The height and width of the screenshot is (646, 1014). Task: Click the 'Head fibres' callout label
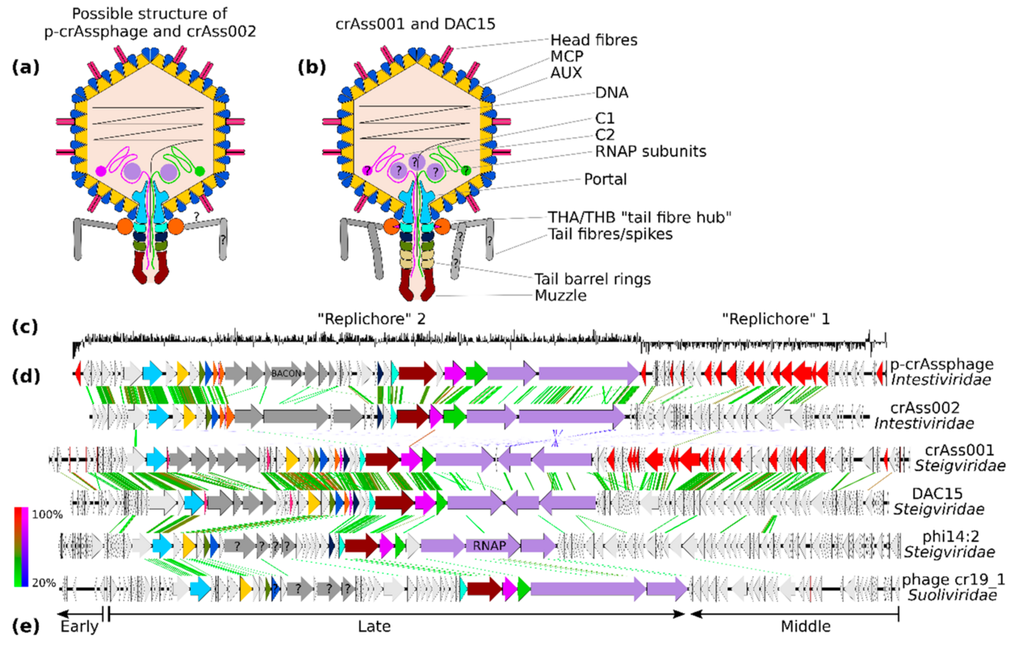[x=593, y=40]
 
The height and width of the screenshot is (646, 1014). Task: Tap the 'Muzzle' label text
[x=560, y=296]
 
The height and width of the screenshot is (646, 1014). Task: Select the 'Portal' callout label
[x=605, y=179]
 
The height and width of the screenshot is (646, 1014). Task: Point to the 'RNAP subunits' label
[x=650, y=151]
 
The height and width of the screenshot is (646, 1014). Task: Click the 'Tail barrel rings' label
[x=593, y=278]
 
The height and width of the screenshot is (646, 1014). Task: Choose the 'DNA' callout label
[x=612, y=93]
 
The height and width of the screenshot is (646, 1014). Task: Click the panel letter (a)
[x=26, y=67]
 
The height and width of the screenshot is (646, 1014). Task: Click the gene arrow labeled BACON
[x=286, y=373]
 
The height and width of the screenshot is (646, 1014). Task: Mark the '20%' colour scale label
[x=44, y=583]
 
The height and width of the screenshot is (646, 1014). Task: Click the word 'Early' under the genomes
[x=79, y=626]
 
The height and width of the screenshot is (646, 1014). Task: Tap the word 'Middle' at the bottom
[x=806, y=626]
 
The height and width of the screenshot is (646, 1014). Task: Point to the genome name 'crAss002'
[x=924, y=407]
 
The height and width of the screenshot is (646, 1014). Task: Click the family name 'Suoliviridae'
[x=952, y=594]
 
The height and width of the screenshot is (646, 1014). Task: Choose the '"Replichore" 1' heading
[x=776, y=319]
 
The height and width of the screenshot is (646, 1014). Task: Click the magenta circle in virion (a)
[x=101, y=171]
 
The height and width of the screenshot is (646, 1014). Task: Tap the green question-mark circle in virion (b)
[x=466, y=170]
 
